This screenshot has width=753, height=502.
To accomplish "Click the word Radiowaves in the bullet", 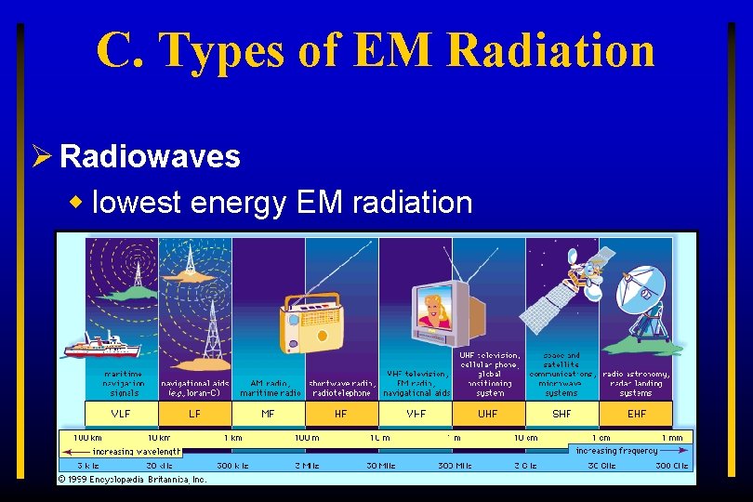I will pos(150,156).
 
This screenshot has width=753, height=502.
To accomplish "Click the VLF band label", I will pos(121,414).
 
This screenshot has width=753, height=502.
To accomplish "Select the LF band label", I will pos(194,414).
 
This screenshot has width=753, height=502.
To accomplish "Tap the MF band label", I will pos(268,414).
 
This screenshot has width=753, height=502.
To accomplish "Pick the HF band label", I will pos(341,414).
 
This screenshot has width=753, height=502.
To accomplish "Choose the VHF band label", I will pos(415,414).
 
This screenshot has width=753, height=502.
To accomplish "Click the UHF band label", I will pos(488,414).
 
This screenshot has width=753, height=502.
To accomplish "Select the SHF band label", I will pos(561,414).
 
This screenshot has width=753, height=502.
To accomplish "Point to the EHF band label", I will pos(636,414).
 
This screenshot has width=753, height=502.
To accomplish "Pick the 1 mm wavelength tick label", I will pos(671,437).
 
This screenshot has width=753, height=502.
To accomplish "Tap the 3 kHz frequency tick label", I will pos(87,465).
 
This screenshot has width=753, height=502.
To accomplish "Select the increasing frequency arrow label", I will pos(616,451).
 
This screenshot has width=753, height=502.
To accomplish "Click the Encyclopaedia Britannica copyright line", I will pos(132,479).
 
